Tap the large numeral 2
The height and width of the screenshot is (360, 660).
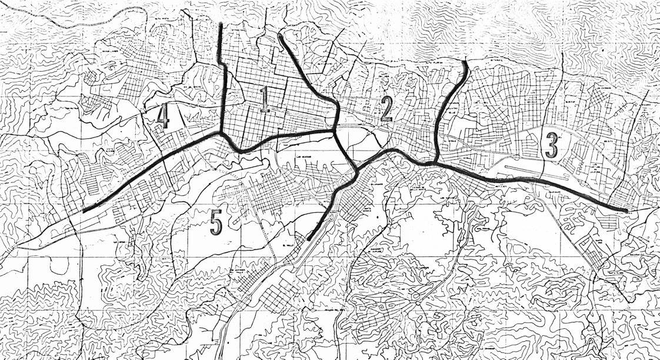point(386,108)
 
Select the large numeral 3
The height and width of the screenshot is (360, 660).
point(551,145)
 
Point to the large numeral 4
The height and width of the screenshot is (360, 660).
point(163,116)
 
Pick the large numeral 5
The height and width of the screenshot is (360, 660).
point(216,223)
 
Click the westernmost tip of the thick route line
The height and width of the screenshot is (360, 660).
point(84,211)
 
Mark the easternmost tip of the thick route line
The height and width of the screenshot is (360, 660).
point(628,210)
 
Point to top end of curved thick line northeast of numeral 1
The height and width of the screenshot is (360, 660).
point(279,35)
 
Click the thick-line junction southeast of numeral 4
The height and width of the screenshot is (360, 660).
point(222,134)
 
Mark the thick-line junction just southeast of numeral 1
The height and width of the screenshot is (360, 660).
point(335,132)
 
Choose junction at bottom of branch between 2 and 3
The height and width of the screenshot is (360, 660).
point(436,163)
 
